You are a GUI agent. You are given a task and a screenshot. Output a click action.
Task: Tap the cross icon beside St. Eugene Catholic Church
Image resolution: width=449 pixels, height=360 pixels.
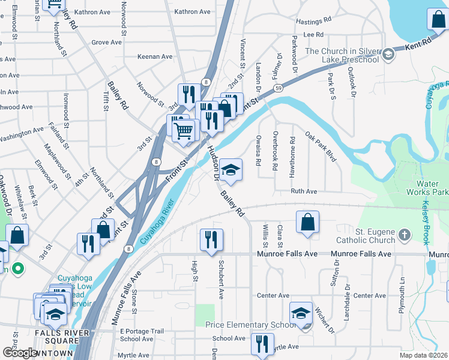[405, 235]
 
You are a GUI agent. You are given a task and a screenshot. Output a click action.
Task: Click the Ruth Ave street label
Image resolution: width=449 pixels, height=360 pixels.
[304, 191]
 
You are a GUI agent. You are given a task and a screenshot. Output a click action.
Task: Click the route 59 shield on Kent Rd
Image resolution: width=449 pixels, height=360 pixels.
[280, 88]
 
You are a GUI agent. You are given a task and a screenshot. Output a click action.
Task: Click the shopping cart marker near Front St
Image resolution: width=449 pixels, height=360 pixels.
[186, 128]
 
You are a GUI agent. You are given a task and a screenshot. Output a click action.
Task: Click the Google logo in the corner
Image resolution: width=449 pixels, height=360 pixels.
[20, 352]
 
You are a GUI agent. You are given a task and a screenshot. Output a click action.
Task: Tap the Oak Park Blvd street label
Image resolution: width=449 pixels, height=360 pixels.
[320, 146]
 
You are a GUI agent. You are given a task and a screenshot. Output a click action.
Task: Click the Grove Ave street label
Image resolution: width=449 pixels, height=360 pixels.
[107, 43]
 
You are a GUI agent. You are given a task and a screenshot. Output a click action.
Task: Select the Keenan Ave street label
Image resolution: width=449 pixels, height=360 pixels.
[155, 56]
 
